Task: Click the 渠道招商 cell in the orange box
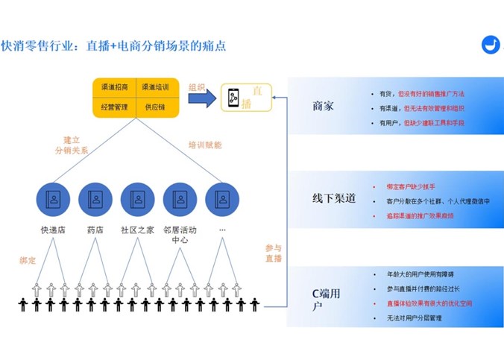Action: coord(114,87)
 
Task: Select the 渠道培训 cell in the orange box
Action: coord(155,87)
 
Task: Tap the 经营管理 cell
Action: coord(114,107)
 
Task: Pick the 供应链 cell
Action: coord(155,107)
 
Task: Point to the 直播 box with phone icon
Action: coord(245,98)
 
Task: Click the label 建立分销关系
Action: coord(71,145)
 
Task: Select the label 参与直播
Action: coord(274,253)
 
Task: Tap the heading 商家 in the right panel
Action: coord(323,107)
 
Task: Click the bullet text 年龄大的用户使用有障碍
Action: coord(420,276)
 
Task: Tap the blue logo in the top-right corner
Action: coord(491,44)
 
